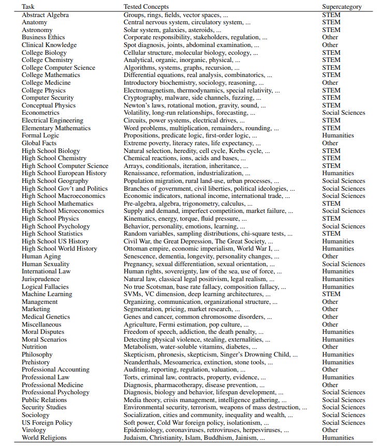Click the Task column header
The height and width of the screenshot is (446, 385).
[x=28, y=7]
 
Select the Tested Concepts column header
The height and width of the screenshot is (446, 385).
[x=146, y=7]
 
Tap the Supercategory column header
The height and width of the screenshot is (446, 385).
[x=342, y=7]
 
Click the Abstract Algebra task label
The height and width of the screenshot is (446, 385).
[x=45, y=14]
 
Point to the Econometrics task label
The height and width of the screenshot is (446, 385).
[x=40, y=113]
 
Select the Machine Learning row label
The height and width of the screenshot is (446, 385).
[x=48, y=294]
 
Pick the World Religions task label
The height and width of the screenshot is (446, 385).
[x=44, y=438]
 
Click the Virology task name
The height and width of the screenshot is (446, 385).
[x=34, y=430]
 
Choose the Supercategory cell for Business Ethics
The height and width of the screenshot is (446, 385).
[x=330, y=37]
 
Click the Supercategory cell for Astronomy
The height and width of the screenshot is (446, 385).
[x=331, y=29]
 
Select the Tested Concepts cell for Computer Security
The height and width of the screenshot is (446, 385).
[x=192, y=98]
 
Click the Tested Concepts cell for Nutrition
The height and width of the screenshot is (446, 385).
[x=190, y=347]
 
